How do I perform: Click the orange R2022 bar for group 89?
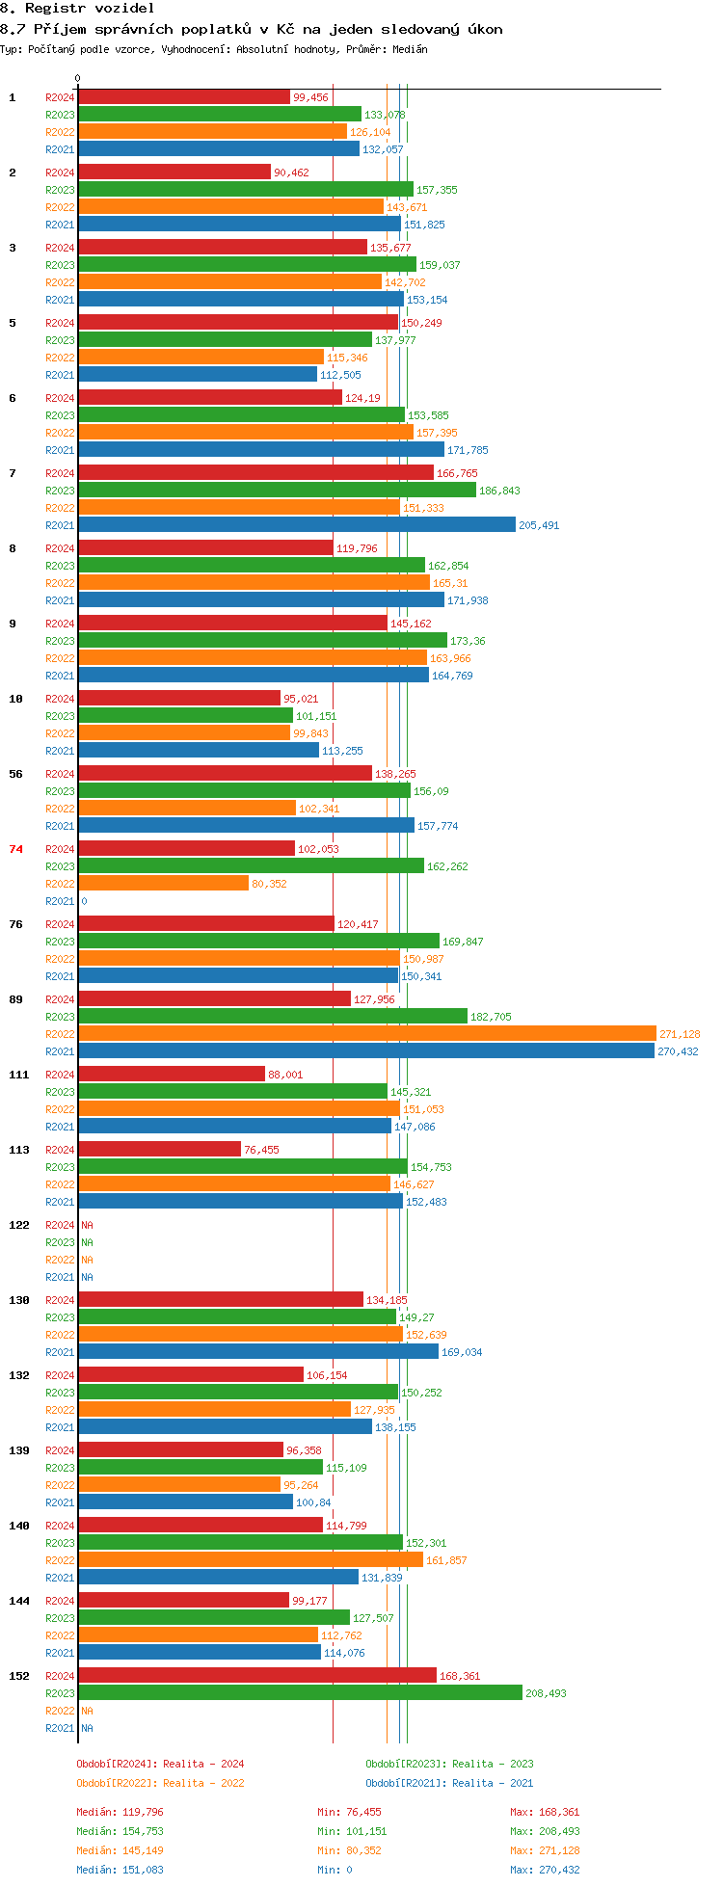[x=367, y=1034]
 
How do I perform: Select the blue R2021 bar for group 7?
[x=297, y=525]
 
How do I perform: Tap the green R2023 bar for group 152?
[x=301, y=1693]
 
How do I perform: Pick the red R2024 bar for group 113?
[x=160, y=1150]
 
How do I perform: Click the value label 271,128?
[x=680, y=1034]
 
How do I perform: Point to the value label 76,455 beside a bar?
[x=261, y=1150]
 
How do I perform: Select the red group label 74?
[x=15, y=849]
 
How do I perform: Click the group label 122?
[x=19, y=1225]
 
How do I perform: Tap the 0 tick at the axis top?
[x=78, y=79]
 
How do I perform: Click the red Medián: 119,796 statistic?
[x=120, y=1812]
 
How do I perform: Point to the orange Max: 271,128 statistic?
[x=545, y=1850]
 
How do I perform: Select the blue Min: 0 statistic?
[x=335, y=1870]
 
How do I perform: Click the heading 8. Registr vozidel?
[x=77, y=8]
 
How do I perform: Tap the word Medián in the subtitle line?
[x=410, y=49]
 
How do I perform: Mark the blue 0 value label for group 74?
[x=84, y=901]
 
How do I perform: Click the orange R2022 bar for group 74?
[x=164, y=884]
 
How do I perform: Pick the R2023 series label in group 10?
[x=60, y=716]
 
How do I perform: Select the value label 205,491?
[x=539, y=525]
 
